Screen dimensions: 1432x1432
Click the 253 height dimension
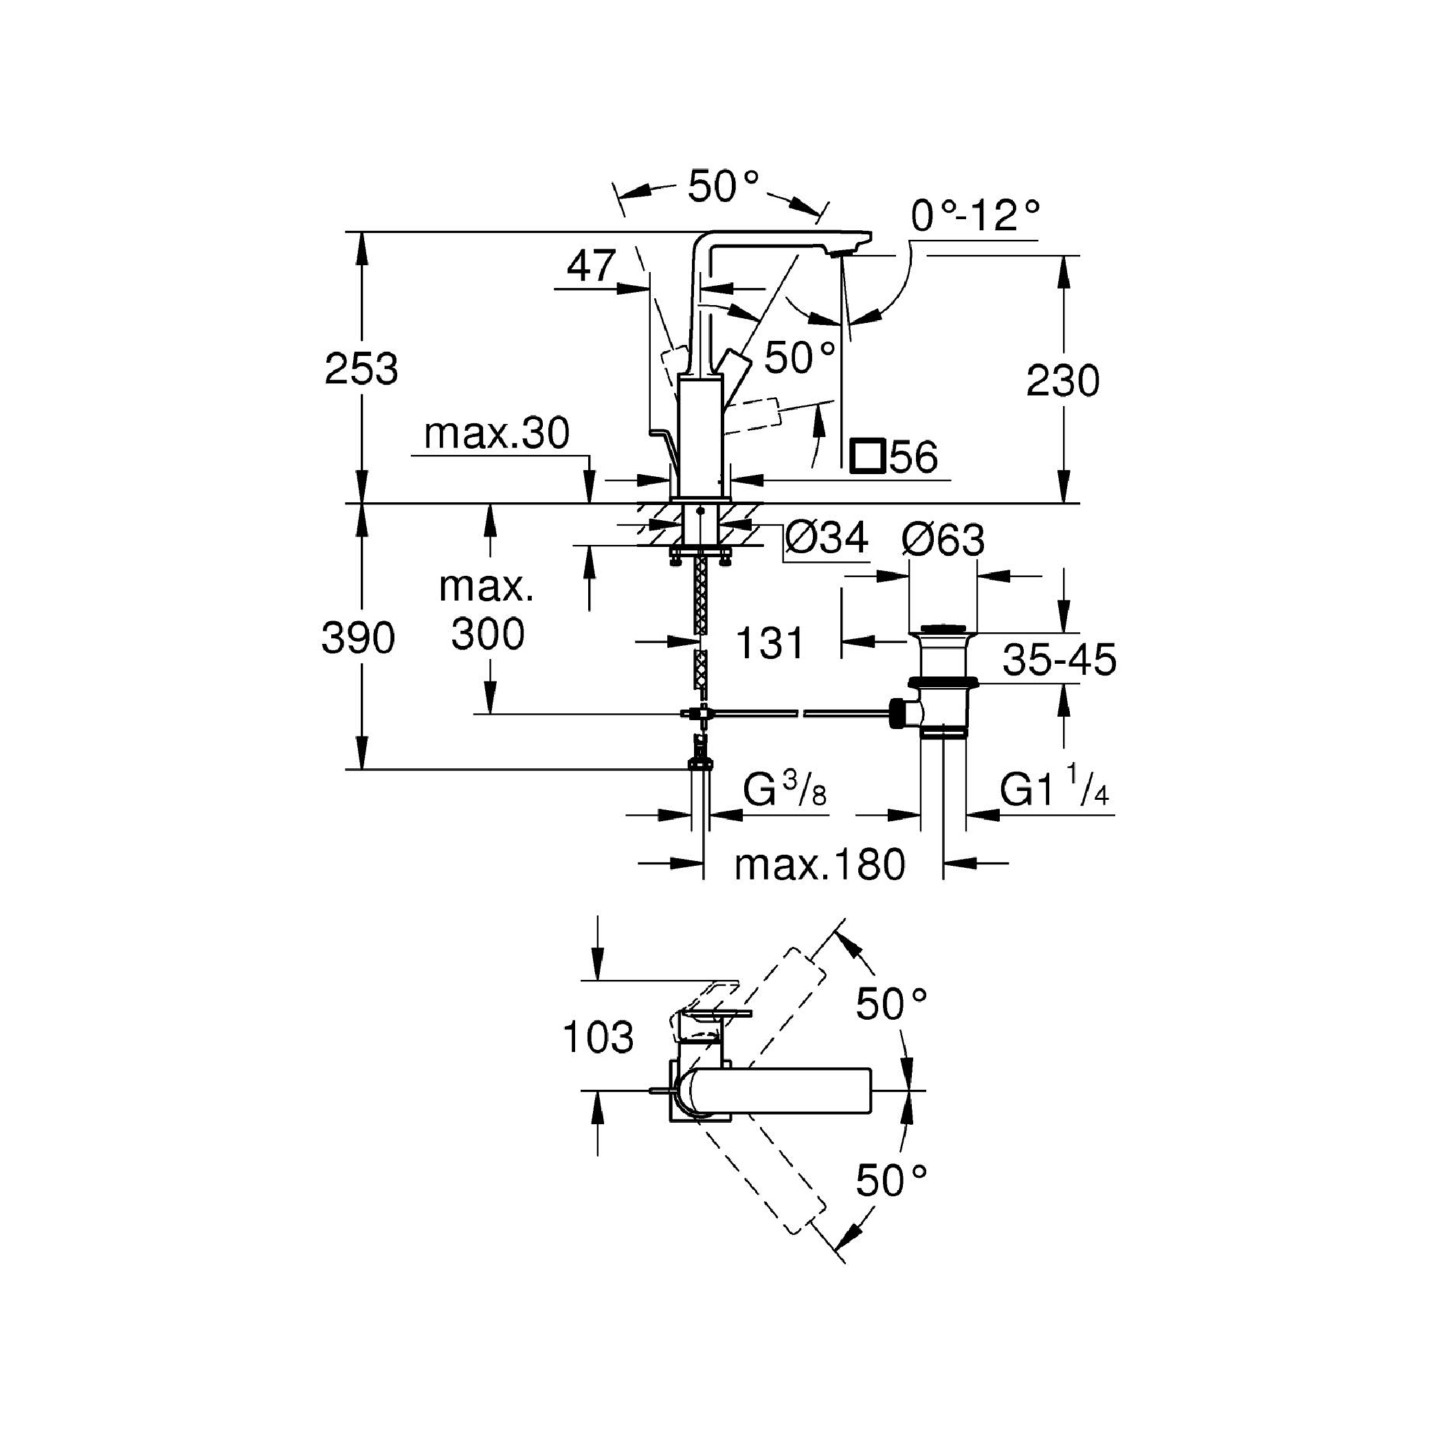pos(361,368)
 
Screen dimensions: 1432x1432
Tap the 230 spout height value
pos(1062,381)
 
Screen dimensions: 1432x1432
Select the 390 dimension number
pos(358,638)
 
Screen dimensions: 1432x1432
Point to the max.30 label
pos(497,433)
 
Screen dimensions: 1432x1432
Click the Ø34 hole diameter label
pos(827,537)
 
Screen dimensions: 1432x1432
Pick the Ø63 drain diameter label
pos(943,540)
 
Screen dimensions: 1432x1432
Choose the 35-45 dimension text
pos(1059,659)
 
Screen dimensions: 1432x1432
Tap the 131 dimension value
pos(770,642)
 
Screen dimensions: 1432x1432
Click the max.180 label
pos(820,864)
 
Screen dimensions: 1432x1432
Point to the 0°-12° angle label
pos(976,216)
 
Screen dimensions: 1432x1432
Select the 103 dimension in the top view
pos(598,1037)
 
